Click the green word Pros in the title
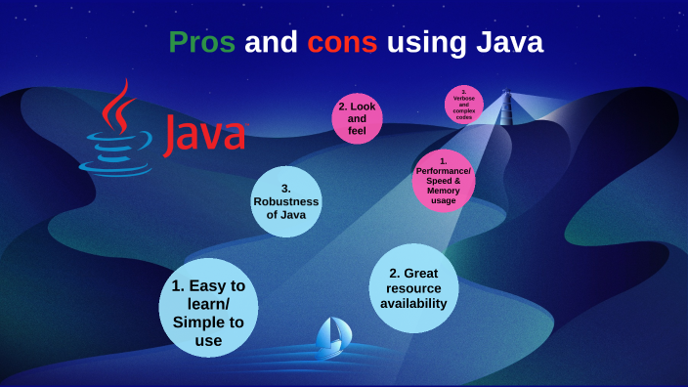coord(201,43)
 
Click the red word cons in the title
coord(342,43)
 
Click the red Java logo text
coord(204,135)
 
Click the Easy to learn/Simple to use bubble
coord(208,310)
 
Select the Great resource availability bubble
coord(413,288)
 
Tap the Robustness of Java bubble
coord(286,201)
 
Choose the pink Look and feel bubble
coord(356,118)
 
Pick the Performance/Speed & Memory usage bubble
coord(443,180)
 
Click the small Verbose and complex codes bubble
coord(464,104)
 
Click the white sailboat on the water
coord(332,337)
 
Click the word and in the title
coord(271,43)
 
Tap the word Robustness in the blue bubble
coord(286,201)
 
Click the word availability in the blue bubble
coord(413,303)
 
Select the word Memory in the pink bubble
coord(443,190)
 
